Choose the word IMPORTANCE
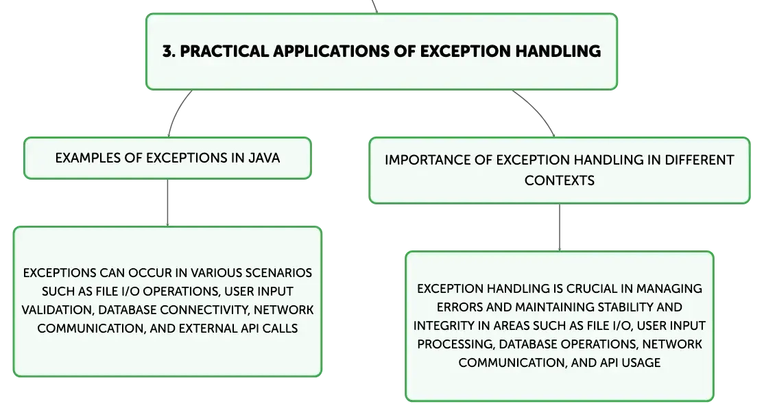[x=425, y=161]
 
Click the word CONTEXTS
[x=559, y=180]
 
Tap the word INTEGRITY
[x=448, y=325]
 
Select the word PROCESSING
[x=451, y=344]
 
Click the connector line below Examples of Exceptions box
[x=167, y=202]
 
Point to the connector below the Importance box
[x=559, y=227]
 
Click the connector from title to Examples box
[x=175, y=113]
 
